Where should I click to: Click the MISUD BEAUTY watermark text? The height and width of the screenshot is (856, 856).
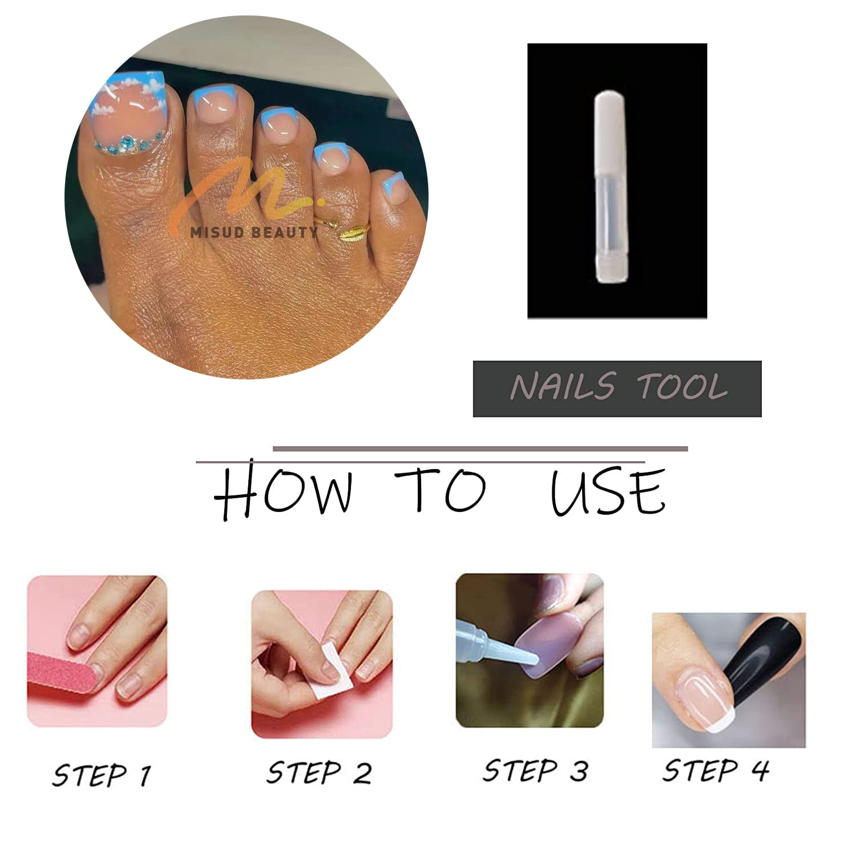coord(254,231)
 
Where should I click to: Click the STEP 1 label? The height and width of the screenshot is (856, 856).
coord(101,775)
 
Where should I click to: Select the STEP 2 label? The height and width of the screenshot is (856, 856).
coord(319,773)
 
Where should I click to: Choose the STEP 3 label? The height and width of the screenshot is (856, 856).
coord(535,770)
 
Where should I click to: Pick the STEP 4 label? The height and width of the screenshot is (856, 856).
coord(716,770)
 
